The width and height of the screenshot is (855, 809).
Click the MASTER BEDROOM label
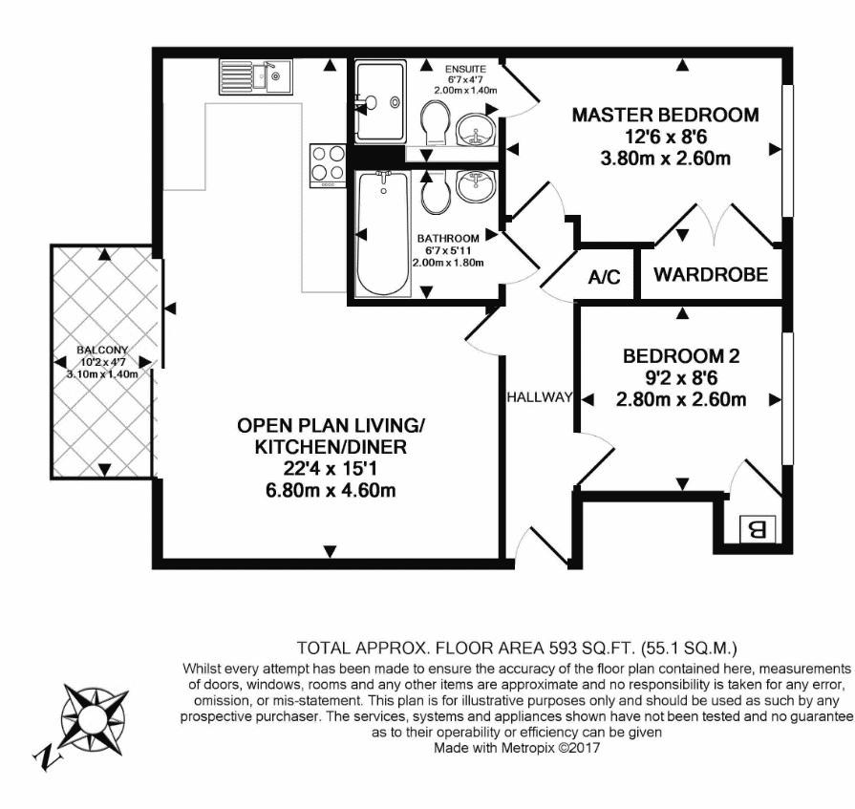point(665,115)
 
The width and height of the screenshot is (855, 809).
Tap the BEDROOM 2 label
point(681,356)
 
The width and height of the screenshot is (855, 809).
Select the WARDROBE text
point(711,274)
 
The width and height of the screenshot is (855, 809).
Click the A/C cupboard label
point(604,277)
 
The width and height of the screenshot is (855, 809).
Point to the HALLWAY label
point(540,397)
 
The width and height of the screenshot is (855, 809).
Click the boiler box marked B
point(758,529)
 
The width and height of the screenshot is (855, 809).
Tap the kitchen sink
point(256,76)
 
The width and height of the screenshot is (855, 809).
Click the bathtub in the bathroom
point(383,234)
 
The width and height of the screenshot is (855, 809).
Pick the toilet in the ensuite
point(436,123)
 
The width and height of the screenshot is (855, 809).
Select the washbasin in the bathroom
point(476,184)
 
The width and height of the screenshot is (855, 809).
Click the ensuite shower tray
point(380,102)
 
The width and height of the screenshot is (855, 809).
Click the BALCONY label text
point(102,350)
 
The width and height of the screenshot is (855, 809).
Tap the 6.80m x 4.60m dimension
point(331,491)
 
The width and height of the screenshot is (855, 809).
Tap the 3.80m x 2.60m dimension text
point(665,159)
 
